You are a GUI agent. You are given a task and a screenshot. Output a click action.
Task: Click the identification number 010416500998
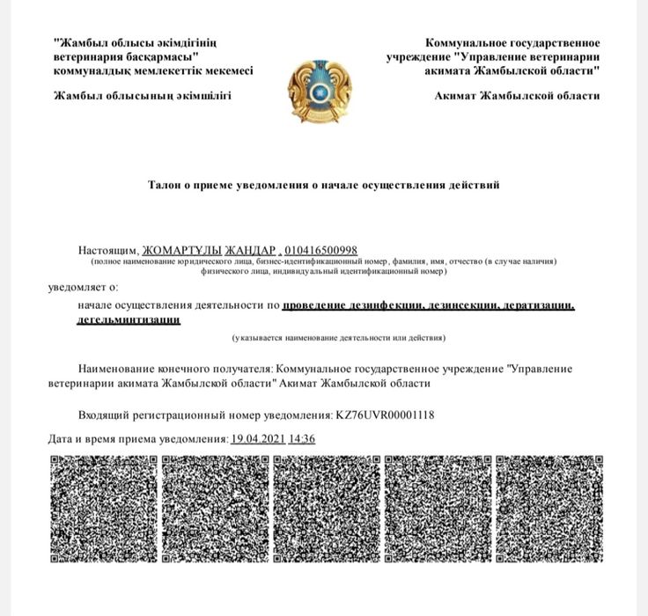point(320,250)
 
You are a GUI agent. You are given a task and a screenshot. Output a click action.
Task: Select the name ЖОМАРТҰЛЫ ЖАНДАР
point(210,250)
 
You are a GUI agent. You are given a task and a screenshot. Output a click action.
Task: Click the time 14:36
point(302,438)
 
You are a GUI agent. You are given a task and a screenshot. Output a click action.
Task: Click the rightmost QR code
point(549,508)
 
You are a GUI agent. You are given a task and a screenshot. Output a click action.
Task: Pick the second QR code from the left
point(215,508)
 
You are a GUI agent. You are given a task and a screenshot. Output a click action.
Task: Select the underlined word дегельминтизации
point(129,320)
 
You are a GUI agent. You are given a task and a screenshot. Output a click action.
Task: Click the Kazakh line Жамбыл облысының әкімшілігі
point(143,96)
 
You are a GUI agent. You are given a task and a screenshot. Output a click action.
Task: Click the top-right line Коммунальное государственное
point(512,42)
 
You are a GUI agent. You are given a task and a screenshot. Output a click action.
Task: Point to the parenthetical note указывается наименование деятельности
point(339,338)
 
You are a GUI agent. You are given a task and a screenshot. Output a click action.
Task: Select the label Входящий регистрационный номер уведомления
point(205,414)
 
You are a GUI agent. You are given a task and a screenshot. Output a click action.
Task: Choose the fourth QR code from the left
point(438,508)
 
